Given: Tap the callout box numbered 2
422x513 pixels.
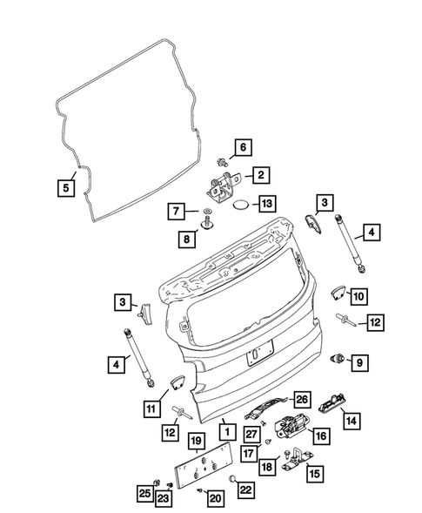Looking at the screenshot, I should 259,176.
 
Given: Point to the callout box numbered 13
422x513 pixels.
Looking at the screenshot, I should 267,204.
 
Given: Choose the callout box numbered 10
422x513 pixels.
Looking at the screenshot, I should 358,294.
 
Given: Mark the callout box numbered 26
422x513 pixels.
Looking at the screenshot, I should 301,400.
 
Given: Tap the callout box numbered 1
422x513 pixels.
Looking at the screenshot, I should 224,431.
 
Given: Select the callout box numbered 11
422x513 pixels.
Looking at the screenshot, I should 150,406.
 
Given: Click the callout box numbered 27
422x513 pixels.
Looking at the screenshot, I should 251,435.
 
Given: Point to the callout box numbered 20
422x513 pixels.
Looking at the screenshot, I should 215,496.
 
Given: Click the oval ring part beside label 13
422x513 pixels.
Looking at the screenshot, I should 240,205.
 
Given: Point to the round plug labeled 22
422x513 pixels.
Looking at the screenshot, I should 234,478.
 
